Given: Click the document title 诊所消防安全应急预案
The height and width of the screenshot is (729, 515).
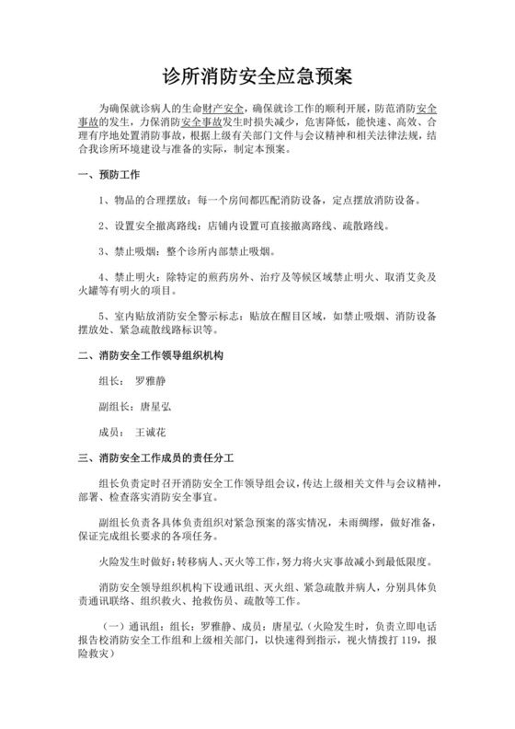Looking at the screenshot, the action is coord(257,72).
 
